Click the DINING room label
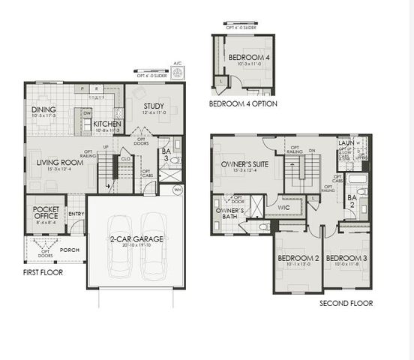point(43,109)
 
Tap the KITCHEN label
point(107,124)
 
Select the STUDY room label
point(154,106)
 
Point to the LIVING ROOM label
point(60,162)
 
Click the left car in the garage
point(119,247)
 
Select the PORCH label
point(70,250)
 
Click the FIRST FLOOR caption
point(43,272)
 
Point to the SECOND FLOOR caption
point(346,304)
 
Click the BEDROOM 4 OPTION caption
point(241,103)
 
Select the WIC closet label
point(283,206)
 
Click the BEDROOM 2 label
point(298,259)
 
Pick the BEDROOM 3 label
point(346,259)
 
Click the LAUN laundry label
point(346,142)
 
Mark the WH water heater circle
point(178,190)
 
